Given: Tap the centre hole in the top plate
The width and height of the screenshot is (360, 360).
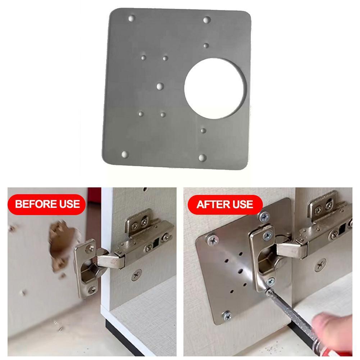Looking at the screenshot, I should click(x=160, y=86).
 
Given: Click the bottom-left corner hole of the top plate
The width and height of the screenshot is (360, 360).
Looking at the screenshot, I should click(x=125, y=154).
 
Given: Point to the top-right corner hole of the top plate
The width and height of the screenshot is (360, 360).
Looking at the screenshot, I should click(x=206, y=20).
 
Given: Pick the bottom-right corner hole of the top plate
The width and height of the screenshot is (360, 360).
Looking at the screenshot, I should click(x=202, y=158).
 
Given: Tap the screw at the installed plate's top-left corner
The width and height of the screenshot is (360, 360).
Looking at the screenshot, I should click(x=211, y=239).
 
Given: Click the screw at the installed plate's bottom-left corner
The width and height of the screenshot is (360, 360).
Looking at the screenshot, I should click(x=227, y=315).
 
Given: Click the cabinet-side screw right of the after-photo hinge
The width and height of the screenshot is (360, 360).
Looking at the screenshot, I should click(x=320, y=266).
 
